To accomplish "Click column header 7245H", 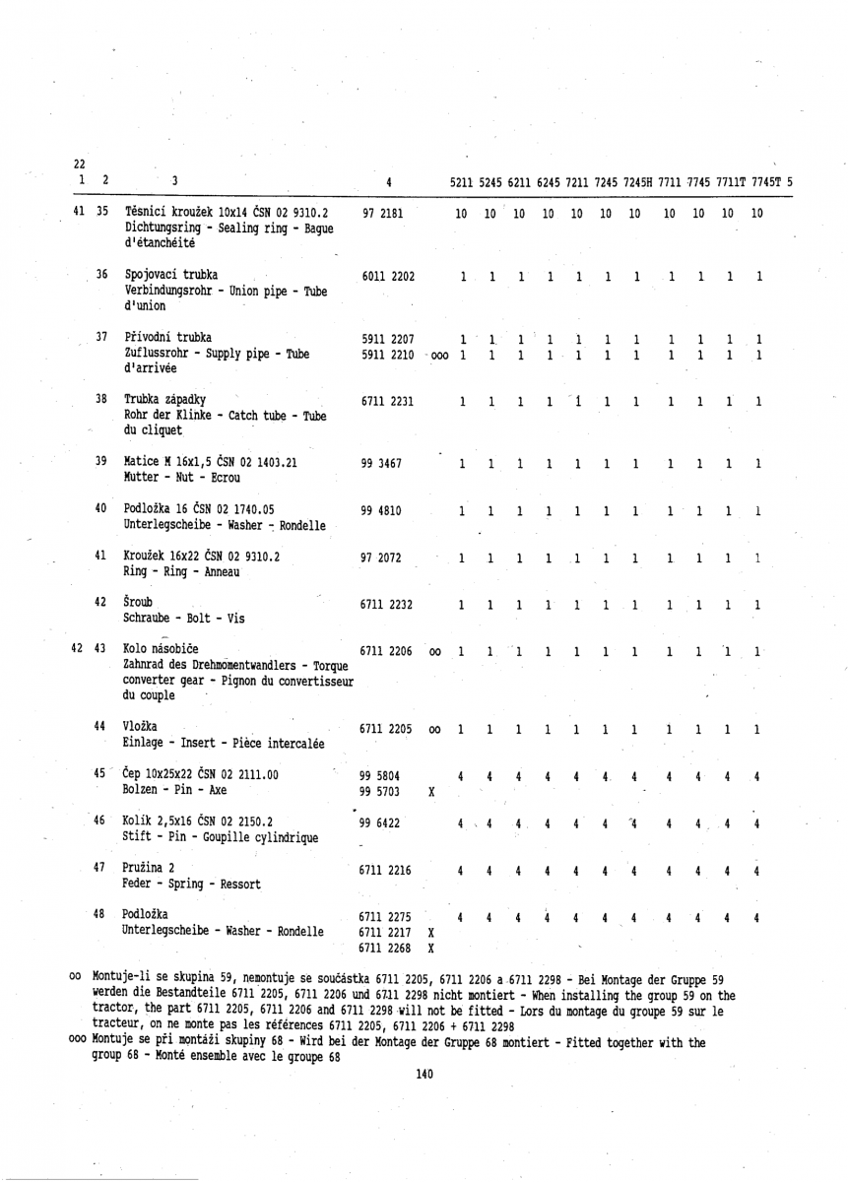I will pyautogui.click(x=638, y=180).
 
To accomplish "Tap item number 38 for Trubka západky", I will pyautogui.click(x=100, y=398).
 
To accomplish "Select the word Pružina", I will pyautogui.click(x=144, y=864).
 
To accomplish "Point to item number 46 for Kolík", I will pyautogui.click(x=100, y=817).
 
